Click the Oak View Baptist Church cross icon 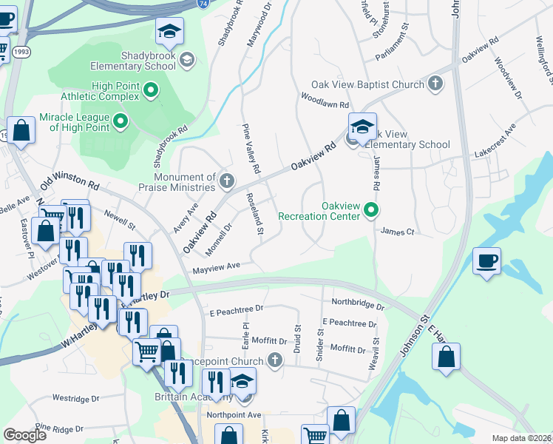tap(435, 84)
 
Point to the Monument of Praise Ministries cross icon tap(226, 181)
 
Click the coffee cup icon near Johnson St tap(487, 261)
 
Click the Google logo tap(24, 435)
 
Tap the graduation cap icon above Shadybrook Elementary tap(169, 32)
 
